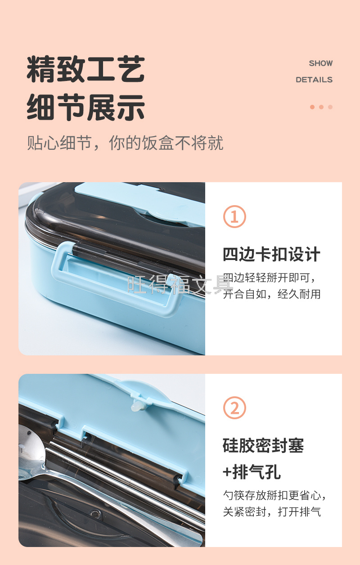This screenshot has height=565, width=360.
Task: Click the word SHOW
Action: point(321,63)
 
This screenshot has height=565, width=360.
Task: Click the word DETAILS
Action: point(314,80)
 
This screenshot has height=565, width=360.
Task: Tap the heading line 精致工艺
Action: point(86,69)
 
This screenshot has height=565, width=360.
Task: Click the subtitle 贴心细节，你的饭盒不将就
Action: point(125,143)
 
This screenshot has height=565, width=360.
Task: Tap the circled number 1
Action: point(234,216)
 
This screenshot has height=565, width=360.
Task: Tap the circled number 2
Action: point(234,408)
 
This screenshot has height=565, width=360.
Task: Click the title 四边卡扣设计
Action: point(271,254)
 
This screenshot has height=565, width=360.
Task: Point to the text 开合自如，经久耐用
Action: point(272,294)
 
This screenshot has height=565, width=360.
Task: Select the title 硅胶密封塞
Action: point(263,445)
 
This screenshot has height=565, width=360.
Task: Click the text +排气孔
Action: point(252,472)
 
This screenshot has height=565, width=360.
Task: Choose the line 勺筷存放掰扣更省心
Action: point(274,496)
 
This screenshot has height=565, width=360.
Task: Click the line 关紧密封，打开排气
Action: point(272,512)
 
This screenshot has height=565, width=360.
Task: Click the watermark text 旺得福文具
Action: point(180,284)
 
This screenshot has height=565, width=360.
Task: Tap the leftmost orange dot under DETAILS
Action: point(312,107)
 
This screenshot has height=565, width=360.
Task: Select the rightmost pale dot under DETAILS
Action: point(330,107)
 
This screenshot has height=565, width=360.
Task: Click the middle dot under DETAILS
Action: point(321,107)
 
